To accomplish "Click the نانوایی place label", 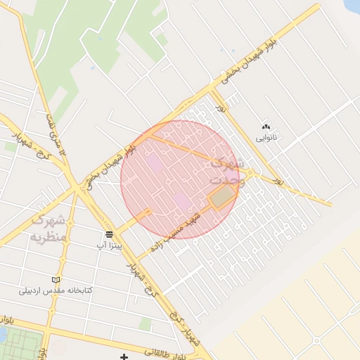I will coord(266,138).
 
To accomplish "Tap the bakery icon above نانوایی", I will coord(266,127).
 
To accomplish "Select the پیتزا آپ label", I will coord(110,245).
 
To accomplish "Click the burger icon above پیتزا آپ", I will coord(110,234).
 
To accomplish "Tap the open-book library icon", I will coord(56,279).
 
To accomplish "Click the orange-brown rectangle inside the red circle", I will coord(222,198).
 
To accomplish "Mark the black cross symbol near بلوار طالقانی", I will coord(124,358).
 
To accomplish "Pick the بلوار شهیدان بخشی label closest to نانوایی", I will coord(246,64).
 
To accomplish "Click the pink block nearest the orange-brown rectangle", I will coord(182,202).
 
